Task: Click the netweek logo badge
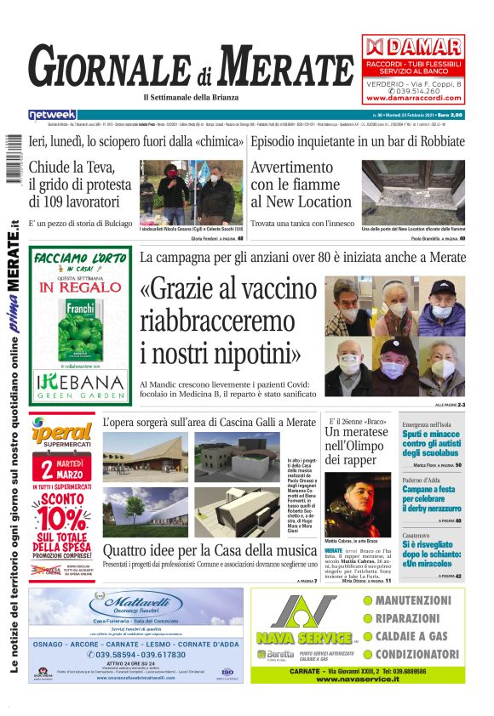click(52, 115)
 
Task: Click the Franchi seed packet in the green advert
click(81, 325)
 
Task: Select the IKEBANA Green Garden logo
click(81, 384)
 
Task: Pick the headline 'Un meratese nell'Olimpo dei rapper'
click(356, 445)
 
